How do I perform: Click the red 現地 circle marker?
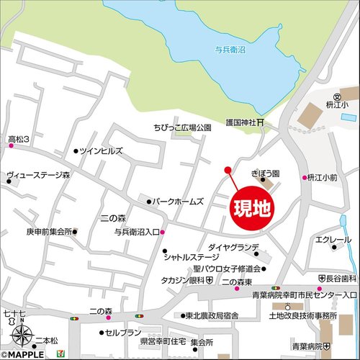tap(252, 208)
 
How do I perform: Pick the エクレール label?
tap(333, 240)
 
